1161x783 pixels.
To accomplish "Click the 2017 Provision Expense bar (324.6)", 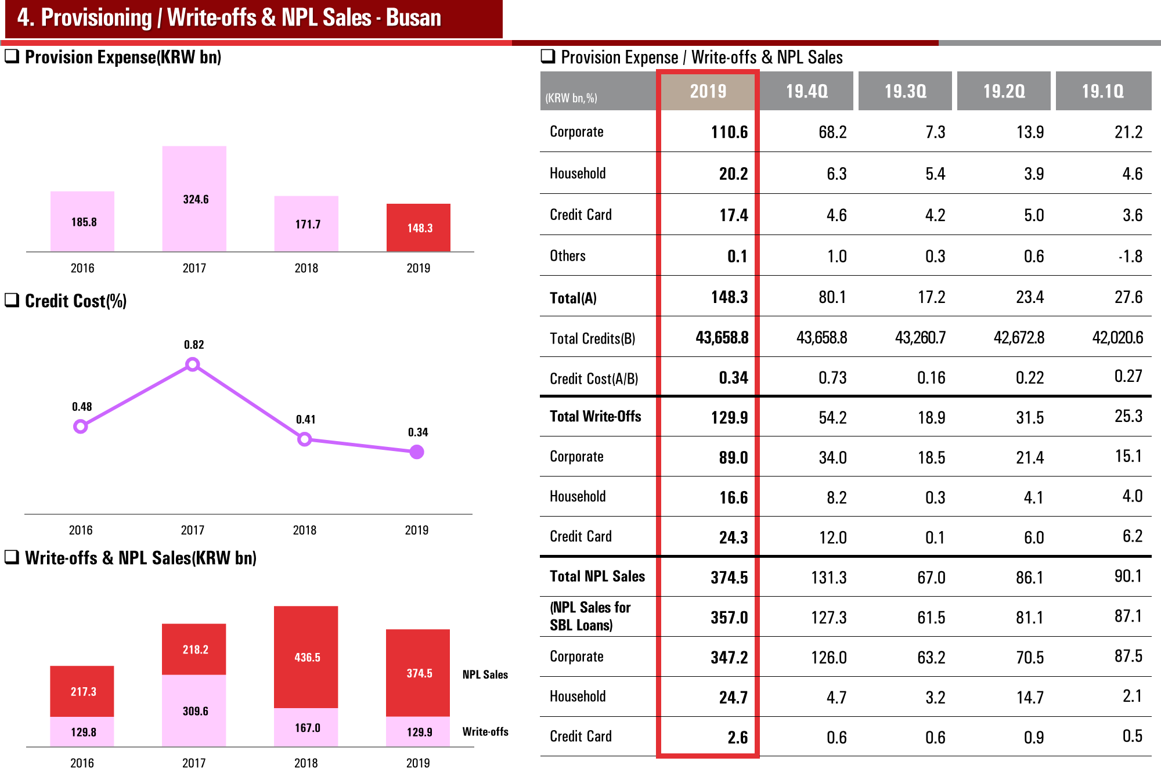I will (x=194, y=199).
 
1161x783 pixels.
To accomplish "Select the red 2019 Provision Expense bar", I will (x=419, y=228).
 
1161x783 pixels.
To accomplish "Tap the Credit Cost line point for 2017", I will (x=193, y=365).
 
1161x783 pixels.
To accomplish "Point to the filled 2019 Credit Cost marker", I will (x=417, y=452).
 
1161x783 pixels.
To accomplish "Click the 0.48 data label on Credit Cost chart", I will (x=82, y=407).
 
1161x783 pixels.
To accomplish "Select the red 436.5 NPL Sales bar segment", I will (x=306, y=657).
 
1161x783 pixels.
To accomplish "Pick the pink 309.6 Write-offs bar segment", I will (x=194, y=710).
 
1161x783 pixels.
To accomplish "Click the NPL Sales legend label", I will (x=485, y=674).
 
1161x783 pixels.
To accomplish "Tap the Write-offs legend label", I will (x=485, y=731).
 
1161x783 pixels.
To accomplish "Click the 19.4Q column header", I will (x=807, y=91).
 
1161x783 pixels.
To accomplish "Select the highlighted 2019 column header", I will (x=708, y=91).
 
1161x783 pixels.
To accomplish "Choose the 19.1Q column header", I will (x=1102, y=91).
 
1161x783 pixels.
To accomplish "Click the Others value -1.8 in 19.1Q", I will (x=1130, y=256).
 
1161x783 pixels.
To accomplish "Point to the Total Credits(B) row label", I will (x=592, y=338).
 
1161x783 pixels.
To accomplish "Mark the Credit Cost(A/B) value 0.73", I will (x=832, y=378).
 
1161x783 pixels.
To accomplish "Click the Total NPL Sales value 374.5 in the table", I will (x=729, y=578).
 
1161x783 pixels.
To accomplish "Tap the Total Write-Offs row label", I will (x=595, y=416).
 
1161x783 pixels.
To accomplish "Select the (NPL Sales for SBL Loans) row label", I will (x=590, y=616).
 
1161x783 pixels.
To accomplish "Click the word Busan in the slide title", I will (x=413, y=18).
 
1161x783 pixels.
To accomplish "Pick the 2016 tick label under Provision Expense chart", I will (x=82, y=268).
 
